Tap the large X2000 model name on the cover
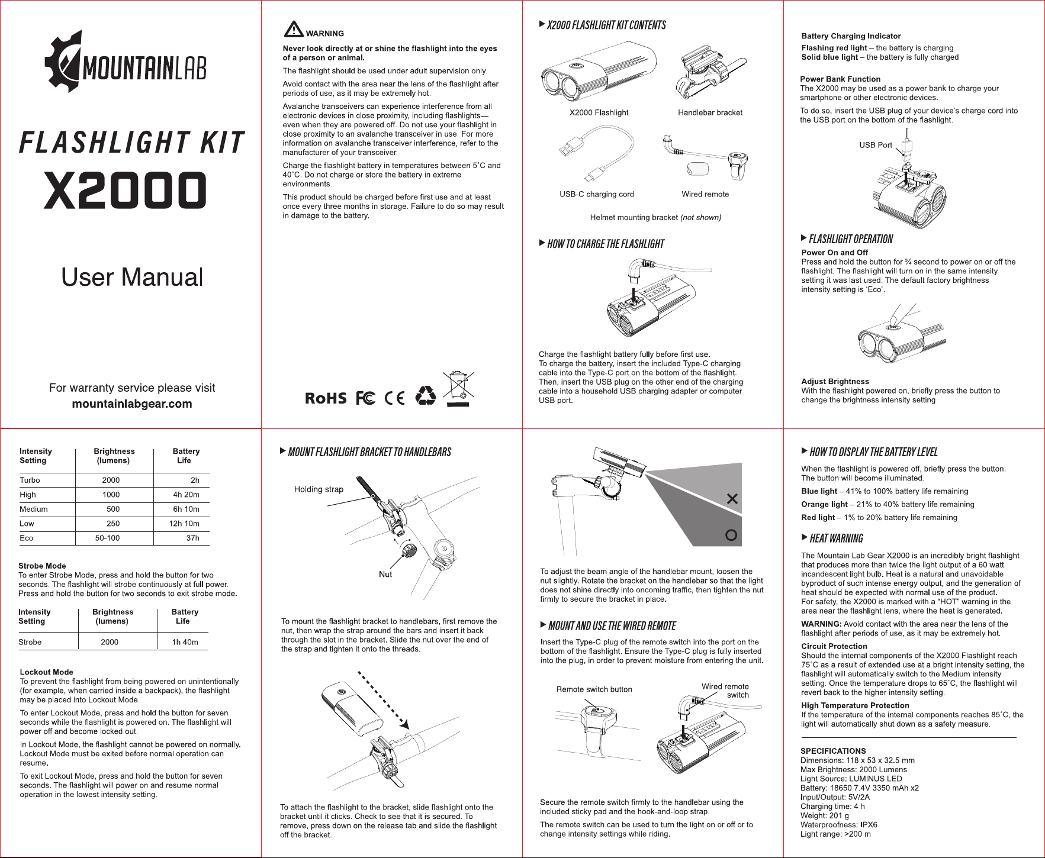pyautogui.click(x=125, y=191)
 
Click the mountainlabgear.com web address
pyautogui.click(x=132, y=404)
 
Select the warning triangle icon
pyautogui.click(x=294, y=29)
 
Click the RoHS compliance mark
pyautogui.click(x=326, y=398)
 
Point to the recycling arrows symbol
pyautogui.click(x=425, y=396)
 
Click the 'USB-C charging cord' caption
pyautogui.click(x=597, y=194)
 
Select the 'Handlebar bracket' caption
pyautogui.click(x=710, y=112)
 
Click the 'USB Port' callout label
pyautogui.click(x=876, y=145)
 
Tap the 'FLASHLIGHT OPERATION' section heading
pyautogui.click(x=851, y=239)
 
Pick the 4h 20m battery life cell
pyautogui.click(x=186, y=495)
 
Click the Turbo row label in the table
pyautogui.click(x=30, y=480)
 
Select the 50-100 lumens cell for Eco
pyautogui.click(x=107, y=538)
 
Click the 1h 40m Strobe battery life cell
pyautogui.click(x=185, y=642)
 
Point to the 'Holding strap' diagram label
pyautogui.click(x=319, y=489)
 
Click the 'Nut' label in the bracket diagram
pyautogui.click(x=385, y=574)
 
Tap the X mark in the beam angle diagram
pyautogui.click(x=732, y=499)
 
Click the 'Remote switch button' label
pyautogui.click(x=594, y=689)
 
